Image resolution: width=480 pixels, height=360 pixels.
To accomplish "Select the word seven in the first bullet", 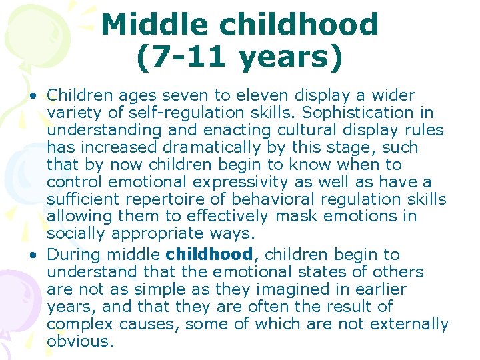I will point(170,95).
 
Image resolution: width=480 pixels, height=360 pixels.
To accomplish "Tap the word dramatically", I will point(202,147).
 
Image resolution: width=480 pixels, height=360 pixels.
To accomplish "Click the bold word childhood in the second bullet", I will point(209,254).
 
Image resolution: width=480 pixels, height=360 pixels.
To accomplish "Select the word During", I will point(73,254).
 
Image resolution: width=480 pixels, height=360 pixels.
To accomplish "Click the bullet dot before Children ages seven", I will point(32,96).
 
